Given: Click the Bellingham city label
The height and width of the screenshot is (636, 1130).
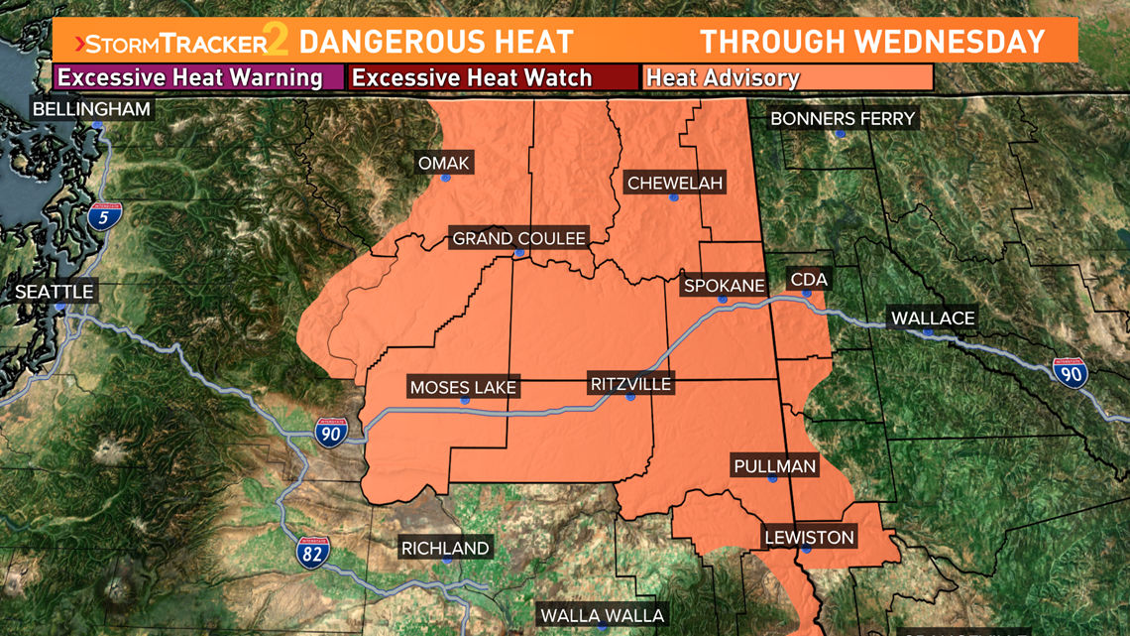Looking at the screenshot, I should tap(91, 109).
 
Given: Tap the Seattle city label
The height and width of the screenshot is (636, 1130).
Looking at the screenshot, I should tap(55, 292).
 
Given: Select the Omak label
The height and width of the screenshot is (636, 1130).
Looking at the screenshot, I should tap(445, 163).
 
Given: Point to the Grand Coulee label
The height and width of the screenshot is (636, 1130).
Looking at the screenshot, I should tap(518, 238).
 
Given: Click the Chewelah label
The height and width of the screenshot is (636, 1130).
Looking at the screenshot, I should tap(675, 183).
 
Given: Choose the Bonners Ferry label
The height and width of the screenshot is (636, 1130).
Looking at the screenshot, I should tap(843, 119).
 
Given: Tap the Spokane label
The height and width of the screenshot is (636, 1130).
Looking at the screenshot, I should tap(725, 286).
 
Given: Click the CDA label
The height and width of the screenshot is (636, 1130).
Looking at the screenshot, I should tap(808, 280).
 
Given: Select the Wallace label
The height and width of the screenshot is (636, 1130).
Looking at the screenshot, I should tap(933, 318).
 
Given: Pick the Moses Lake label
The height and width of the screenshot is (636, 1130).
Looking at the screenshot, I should tap(463, 387).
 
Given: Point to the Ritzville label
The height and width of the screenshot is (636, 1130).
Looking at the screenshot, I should tap(630, 384).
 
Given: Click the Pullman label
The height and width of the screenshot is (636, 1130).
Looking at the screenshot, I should tap(774, 465).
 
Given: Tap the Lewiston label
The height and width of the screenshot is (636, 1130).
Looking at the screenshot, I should tap(809, 538).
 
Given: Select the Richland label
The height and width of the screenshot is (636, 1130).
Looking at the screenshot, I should tap(445, 548).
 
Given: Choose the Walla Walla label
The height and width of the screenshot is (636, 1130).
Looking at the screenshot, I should tap(602, 615).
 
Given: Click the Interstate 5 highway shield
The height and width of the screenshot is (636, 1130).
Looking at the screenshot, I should tap(106, 215).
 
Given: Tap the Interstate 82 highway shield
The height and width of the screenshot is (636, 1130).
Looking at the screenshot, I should tap(312, 553).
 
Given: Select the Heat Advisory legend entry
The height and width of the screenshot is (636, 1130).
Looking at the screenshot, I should tap(788, 77).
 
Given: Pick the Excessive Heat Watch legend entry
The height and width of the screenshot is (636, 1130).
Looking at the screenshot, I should tap(494, 77).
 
